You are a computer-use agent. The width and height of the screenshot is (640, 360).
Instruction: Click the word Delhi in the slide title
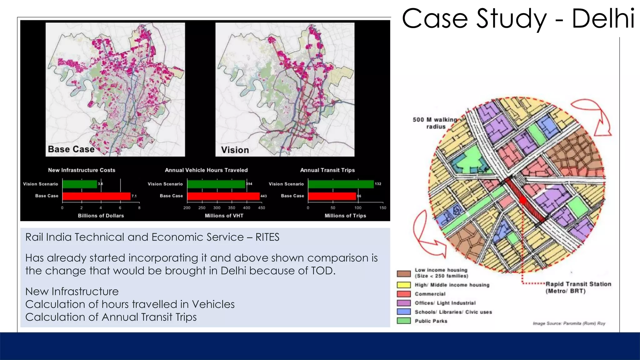point(603,19)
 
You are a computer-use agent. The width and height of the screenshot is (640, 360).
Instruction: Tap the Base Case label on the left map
point(71,149)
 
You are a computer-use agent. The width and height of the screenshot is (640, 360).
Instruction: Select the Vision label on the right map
point(235,150)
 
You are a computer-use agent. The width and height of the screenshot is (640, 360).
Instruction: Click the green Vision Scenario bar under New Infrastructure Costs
point(80,184)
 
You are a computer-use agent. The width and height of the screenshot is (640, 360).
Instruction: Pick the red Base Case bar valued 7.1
point(96,196)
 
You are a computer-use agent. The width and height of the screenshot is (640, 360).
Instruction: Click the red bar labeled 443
point(223,196)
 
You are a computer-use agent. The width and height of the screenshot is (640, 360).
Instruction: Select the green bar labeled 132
point(341,184)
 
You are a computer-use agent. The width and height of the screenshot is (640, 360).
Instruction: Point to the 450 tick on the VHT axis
point(262,208)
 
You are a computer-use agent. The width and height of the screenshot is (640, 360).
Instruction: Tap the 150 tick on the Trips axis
point(383,208)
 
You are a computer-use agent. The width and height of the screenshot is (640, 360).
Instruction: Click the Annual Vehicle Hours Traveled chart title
point(206,170)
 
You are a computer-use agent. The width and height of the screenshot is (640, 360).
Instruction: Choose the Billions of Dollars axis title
point(101,216)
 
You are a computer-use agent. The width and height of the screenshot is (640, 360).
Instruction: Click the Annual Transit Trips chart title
point(327,170)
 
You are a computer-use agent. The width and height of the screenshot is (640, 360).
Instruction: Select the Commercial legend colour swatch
point(403,294)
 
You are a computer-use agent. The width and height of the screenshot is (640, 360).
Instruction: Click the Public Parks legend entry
point(431,321)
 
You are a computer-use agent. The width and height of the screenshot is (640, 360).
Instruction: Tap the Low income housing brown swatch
point(403,274)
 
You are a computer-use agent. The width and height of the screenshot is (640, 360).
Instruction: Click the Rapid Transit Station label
point(578,287)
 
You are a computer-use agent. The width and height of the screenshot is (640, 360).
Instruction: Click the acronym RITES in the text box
point(267,237)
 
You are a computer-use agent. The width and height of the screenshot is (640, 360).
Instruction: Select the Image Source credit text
point(569,323)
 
